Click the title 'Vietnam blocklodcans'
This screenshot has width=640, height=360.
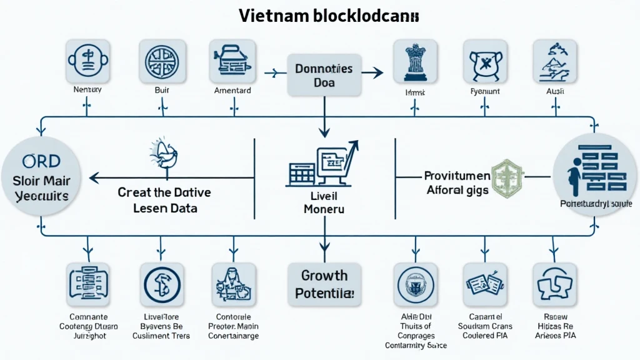[319, 16]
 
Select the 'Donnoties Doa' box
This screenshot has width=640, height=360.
[324, 75]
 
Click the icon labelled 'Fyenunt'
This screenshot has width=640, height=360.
[484, 62]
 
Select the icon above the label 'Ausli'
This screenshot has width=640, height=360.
[554, 62]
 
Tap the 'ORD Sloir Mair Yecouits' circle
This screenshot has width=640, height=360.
[39, 179]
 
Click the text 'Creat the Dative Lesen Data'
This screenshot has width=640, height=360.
[164, 199]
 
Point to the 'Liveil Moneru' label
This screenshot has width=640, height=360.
[324, 203]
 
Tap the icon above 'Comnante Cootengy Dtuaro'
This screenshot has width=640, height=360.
[87, 284]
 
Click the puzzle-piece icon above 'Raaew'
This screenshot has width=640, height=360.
[554, 284]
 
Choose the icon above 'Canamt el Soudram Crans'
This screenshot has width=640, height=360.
[484, 284]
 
